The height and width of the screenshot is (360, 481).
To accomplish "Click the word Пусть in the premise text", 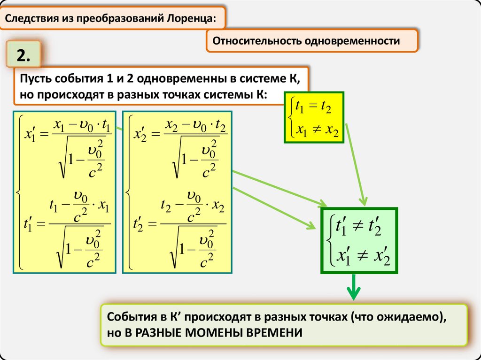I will tap(35, 78).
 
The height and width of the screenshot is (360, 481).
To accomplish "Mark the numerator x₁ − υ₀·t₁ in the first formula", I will tap(82, 126).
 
